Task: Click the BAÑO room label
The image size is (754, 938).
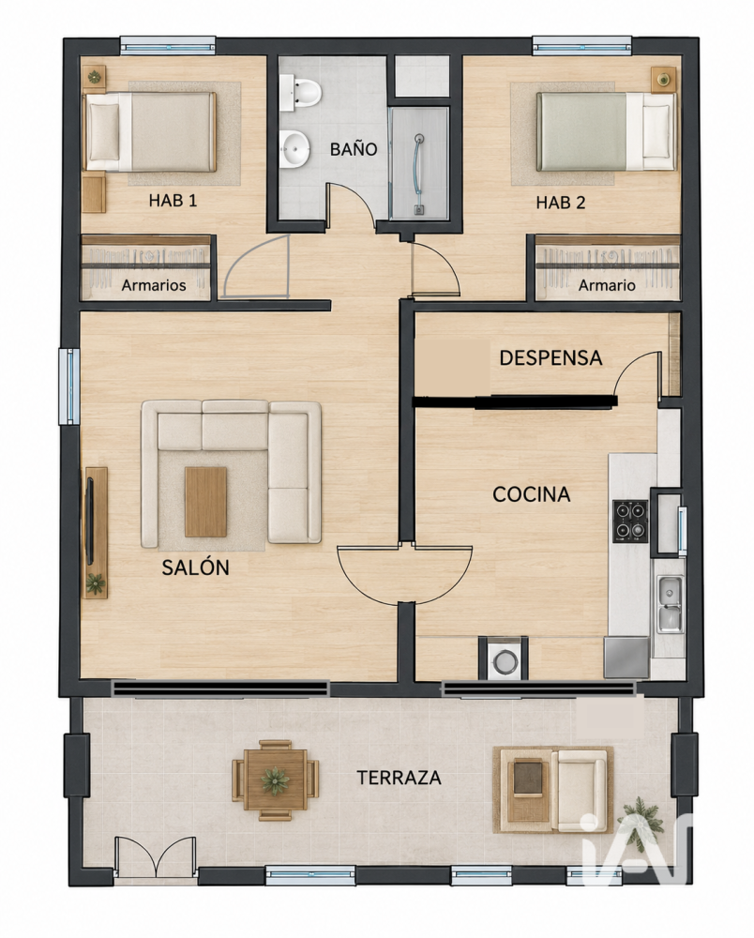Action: (x=354, y=149)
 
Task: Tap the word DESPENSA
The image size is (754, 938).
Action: (x=550, y=357)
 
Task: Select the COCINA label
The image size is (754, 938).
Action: (x=532, y=494)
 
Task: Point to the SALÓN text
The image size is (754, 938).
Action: (x=195, y=567)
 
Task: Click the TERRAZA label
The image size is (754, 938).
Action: (x=399, y=778)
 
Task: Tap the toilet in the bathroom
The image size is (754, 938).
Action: (x=301, y=93)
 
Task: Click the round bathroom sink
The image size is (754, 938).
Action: (x=294, y=147)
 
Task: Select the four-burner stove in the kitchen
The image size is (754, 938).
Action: (x=630, y=521)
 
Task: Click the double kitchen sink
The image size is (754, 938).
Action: (x=670, y=604)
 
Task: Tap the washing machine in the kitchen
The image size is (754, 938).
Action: (x=504, y=659)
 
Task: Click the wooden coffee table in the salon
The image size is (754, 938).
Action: (x=205, y=502)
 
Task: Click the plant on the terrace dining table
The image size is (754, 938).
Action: (x=276, y=780)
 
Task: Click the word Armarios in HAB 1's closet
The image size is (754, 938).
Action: (x=154, y=285)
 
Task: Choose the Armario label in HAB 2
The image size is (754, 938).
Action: (x=607, y=285)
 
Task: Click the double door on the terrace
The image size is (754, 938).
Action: (x=155, y=859)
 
